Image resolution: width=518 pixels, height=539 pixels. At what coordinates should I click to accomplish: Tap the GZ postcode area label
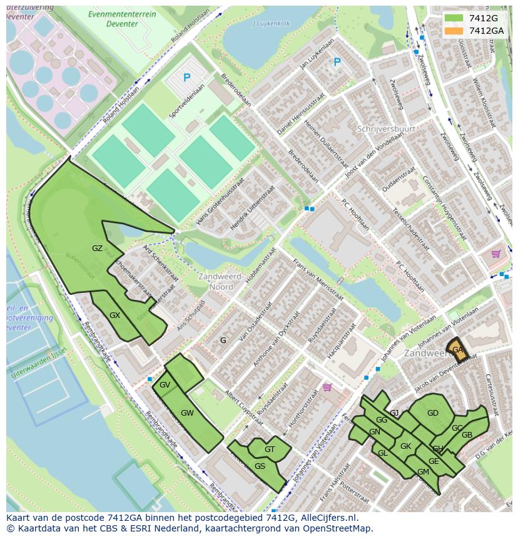coord(97,249)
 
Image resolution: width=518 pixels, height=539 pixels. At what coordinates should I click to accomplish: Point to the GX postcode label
coord(114,315)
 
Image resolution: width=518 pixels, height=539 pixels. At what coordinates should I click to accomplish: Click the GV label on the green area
coord(165,384)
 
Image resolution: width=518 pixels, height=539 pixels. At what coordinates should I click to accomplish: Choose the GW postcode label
coord(187,413)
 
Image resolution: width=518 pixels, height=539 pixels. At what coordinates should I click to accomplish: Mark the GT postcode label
coord(270,449)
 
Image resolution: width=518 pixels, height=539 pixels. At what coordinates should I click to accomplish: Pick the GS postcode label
coord(260,466)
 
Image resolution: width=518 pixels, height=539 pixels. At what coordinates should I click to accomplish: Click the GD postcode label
coord(432,413)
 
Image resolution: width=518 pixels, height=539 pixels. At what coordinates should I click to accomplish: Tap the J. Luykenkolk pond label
coord(271,24)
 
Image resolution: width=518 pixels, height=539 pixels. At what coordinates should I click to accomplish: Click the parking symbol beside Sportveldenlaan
coord(186,78)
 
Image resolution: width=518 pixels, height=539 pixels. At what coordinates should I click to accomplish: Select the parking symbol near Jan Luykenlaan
coord(337,62)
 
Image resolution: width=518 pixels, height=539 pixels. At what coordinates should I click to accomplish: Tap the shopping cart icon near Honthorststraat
coord(327,387)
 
